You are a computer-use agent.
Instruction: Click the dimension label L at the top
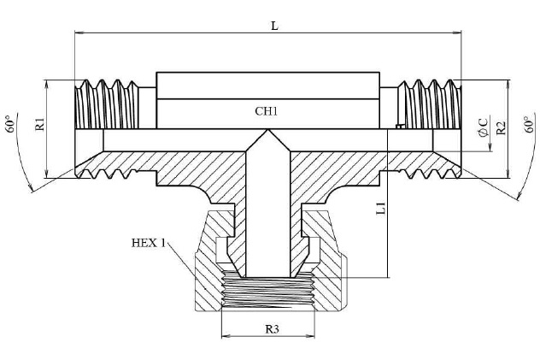(x=273, y=26)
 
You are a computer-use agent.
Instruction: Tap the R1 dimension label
(x=39, y=123)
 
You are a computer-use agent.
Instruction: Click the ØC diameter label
(x=484, y=128)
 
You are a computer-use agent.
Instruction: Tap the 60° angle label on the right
(x=529, y=128)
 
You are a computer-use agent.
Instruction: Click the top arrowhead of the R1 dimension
(x=46, y=84)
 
